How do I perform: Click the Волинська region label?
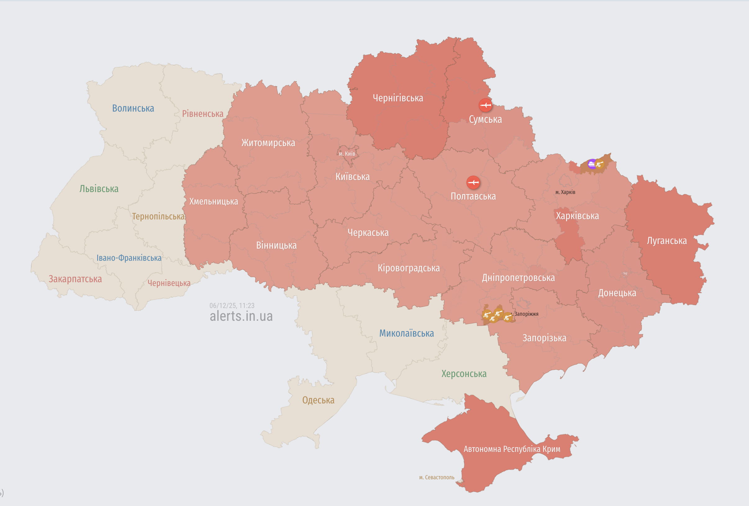pyautogui.click(x=133, y=108)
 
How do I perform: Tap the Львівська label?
pyautogui.click(x=99, y=189)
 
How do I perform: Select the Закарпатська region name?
pyautogui.click(x=75, y=279)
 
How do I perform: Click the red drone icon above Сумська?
pyautogui.click(x=485, y=105)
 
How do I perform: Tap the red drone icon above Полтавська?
pyautogui.click(x=473, y=182)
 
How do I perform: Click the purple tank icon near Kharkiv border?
pyautogui.click(x=592, y=164)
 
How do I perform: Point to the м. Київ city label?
pyautogui.click(x=347, y=154)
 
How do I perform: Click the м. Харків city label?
pyautogui.click(x=565, y=192)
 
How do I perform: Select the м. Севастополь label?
pyautogui.click(x=436, y=477)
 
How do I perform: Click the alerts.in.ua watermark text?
pyautogui.click(x=241, y=316)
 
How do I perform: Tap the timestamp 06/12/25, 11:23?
pyautogui.click(x=232, y=306)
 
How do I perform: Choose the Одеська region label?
pyautogui.click(x=318, y=400)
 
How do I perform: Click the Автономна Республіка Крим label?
pyautogui.click(x=512, y=449)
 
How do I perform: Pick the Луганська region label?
pyautogui.click(x=666, y=241)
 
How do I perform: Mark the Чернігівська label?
pyautogui.click(x=398, y=98)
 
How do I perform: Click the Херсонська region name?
pyautogui.click(x=464, y=374)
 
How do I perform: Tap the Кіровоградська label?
pyautogui.click(x=409, y=268)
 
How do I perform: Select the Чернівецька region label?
pyautogui.click(x=169, y=283)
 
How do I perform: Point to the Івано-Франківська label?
pyautogui.click(x=129, y=258)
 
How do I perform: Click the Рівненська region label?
pyautogui.click(x=202, y=114)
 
